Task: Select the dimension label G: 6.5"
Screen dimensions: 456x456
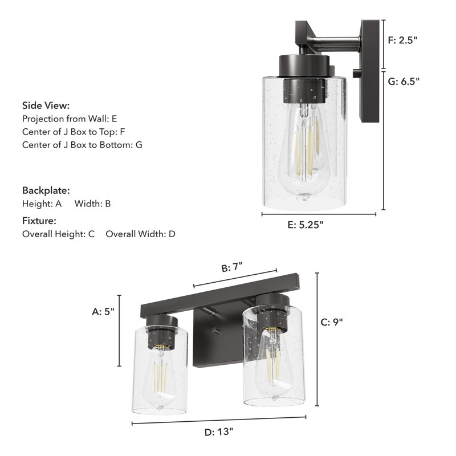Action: point(404,81)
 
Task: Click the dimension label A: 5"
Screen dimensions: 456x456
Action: point(103,311)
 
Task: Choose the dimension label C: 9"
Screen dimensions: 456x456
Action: point(331,321)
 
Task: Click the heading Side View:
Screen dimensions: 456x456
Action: point(46,105)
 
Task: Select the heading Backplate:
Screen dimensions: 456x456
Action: point(46,190)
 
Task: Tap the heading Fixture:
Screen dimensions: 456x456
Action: point(39,221)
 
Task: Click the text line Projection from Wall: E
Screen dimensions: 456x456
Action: point(70,119)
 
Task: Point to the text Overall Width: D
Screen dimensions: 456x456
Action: point(141,234)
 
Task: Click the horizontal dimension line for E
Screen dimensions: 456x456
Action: point(319,214)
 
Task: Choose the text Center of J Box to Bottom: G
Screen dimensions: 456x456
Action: point(82,145)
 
